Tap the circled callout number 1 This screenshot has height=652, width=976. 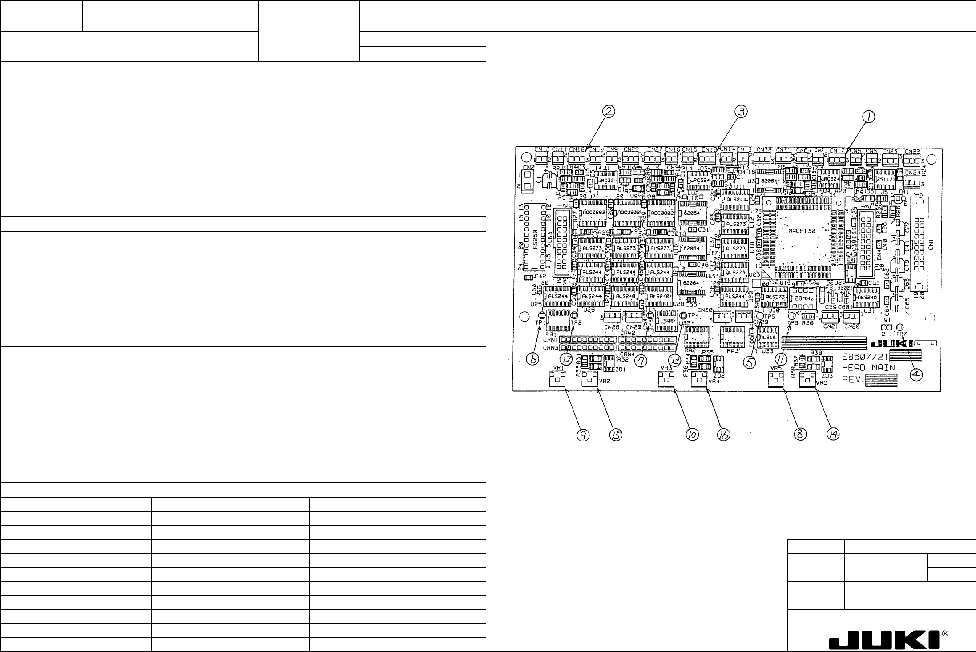pyautogui.click(x=868, y=117)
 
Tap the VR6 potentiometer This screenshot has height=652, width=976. pyautogui.click(x=807, y=381)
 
